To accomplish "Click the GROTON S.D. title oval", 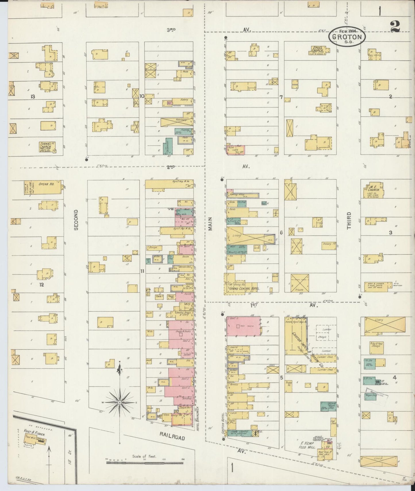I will coord(347,37).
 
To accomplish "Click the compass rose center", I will coord(119,403).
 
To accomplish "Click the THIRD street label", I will coord(349,221).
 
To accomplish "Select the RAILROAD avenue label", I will coord(172,437).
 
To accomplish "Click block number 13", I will coord(33,97).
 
